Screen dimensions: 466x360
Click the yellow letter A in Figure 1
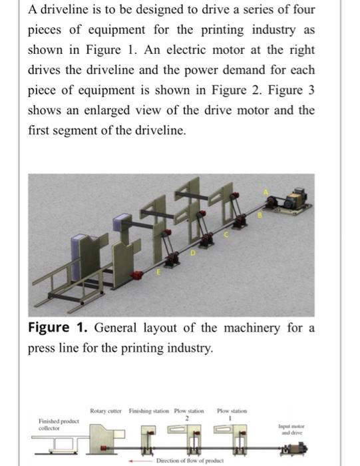pos(268,192)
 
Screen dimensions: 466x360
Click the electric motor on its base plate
pos(294,198)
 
